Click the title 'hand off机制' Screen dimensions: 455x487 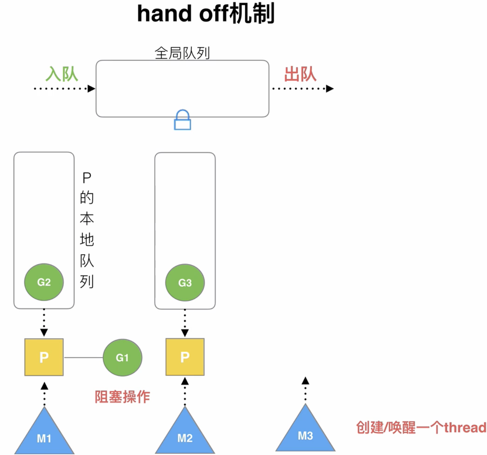pos(205,14)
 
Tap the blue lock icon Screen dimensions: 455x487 pos(182,120)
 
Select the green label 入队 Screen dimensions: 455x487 pos(62,74)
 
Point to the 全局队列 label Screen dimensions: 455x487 pos(182,53)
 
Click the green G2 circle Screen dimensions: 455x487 pos(44,282)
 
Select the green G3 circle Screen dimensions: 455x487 pos(185,283)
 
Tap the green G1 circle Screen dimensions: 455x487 pos(122,358)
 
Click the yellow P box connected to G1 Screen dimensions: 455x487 pos(44,357)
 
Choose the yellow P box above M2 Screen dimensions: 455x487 pos(185,357)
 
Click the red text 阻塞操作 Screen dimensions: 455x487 pos(122,397)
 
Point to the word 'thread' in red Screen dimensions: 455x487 pos(465,428)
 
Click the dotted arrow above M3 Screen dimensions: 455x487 pos(305,389)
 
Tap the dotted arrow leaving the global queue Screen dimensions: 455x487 pos(303,89)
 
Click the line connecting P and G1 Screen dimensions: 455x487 pos(83,358)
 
